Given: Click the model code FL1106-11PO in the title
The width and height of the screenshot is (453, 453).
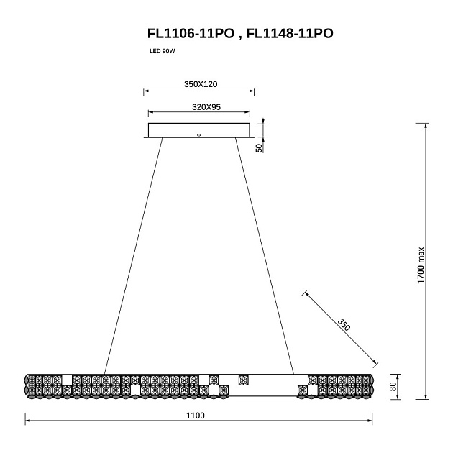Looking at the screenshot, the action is click(191, 34).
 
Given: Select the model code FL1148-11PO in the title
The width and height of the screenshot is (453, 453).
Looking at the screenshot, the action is click(290, 34).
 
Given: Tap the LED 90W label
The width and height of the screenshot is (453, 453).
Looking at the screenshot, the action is click(162, 52).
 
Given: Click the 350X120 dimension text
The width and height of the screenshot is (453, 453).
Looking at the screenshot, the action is click(201, 84).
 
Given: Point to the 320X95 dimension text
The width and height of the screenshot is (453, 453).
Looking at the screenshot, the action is click(206, 107).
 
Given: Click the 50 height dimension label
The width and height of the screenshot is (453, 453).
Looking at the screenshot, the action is click(259, 148).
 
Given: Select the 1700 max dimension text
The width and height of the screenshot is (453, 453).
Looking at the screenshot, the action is click(421, 265).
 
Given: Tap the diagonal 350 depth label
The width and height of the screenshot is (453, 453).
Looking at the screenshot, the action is click(344, 324).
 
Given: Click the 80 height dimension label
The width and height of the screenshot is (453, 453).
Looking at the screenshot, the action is click(393, 386).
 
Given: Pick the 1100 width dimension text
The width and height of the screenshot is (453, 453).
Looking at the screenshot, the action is click(196, 416).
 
